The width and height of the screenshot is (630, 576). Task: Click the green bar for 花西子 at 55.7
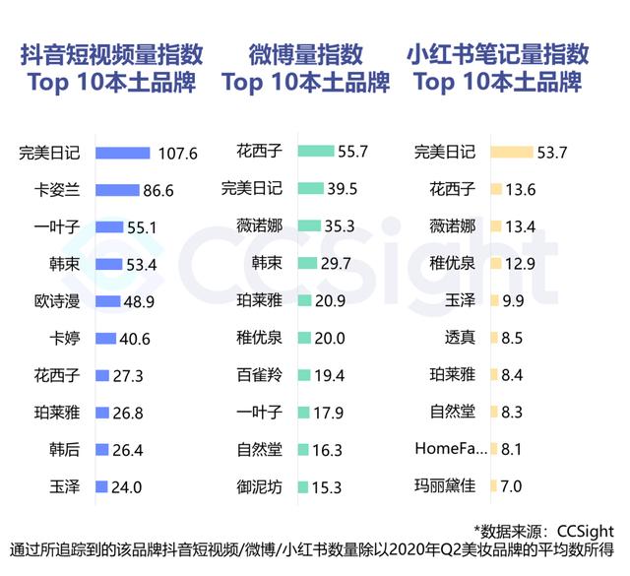point(315,152)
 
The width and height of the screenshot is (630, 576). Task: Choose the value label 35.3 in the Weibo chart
point(338,226)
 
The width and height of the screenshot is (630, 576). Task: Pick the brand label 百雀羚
point(260,375)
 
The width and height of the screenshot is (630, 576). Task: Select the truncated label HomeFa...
point(451,449)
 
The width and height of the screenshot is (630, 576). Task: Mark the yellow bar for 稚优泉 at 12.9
point(497,264)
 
